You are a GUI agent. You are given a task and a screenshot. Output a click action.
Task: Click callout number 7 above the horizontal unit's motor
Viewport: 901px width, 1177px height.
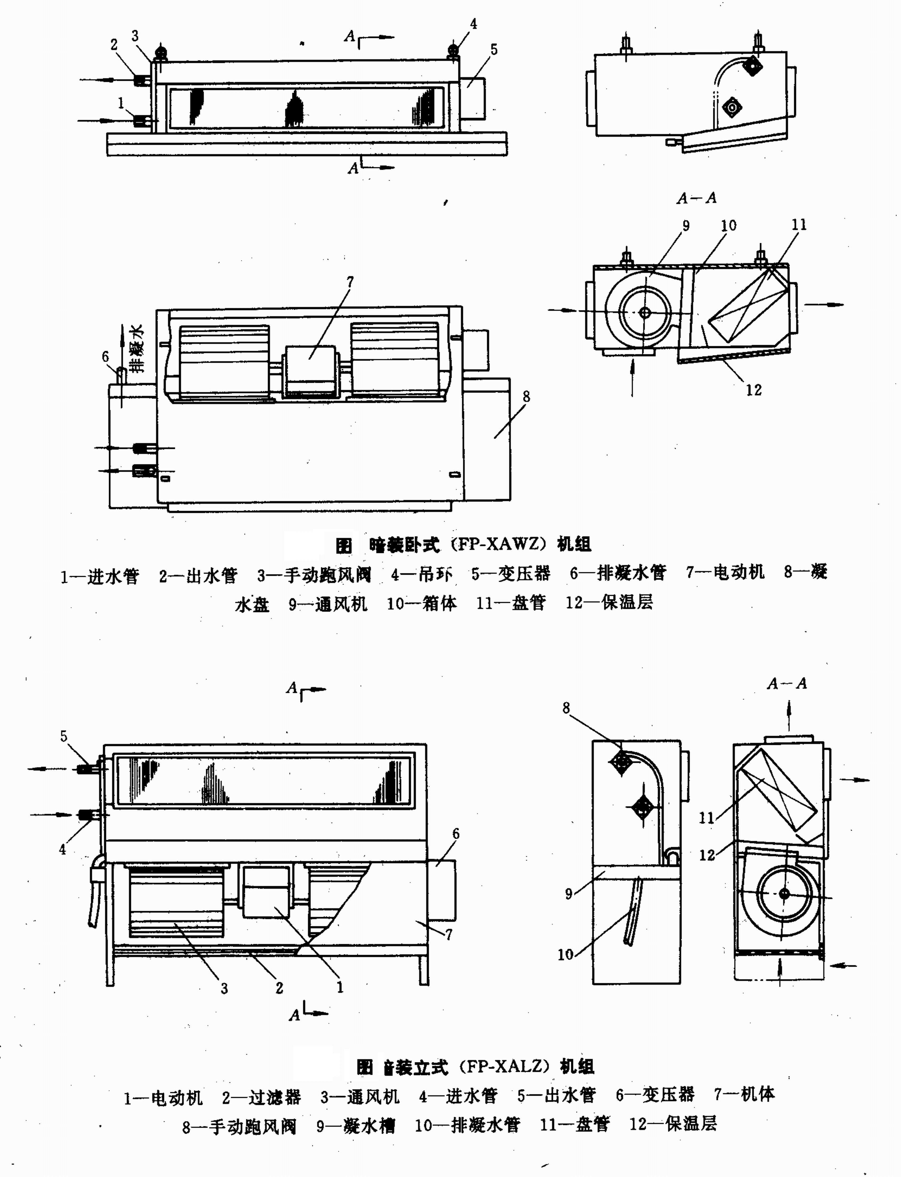coord(350,281)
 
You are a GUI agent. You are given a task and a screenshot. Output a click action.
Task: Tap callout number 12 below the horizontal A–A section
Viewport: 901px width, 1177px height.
coord(754,390)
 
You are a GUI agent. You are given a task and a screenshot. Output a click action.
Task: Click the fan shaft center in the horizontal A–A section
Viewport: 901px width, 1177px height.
coord(645,312)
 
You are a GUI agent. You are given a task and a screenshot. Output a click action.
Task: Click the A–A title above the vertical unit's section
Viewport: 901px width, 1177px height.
coord(787,683)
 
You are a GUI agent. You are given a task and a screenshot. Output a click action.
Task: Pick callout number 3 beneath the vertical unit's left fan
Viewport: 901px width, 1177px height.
coord(224,988)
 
